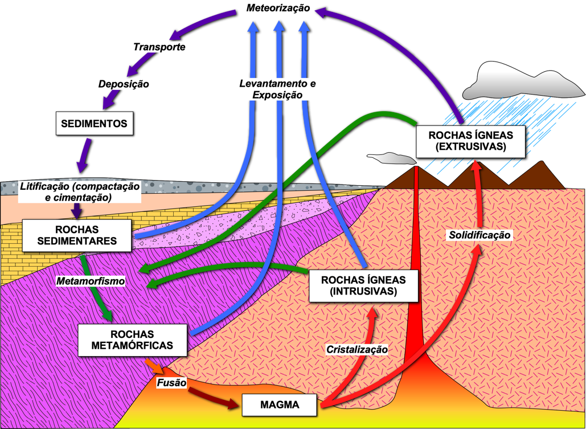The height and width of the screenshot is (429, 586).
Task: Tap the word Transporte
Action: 159,47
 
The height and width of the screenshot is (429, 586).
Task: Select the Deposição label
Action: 124,84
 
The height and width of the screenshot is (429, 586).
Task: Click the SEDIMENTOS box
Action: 94,122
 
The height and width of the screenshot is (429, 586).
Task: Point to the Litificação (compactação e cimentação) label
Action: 80,191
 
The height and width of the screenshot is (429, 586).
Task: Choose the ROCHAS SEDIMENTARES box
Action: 77,235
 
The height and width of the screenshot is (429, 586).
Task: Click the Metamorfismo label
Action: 91,281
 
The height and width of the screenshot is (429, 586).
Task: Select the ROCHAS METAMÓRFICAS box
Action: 132,340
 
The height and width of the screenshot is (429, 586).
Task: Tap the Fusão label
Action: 171,383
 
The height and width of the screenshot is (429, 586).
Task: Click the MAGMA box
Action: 280,405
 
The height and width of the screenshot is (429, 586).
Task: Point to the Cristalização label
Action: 356,349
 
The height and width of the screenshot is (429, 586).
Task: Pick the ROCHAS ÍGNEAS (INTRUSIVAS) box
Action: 363,285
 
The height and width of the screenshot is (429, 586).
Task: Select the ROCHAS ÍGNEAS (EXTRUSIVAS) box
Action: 469,141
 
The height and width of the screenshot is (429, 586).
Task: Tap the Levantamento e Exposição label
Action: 277,89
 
